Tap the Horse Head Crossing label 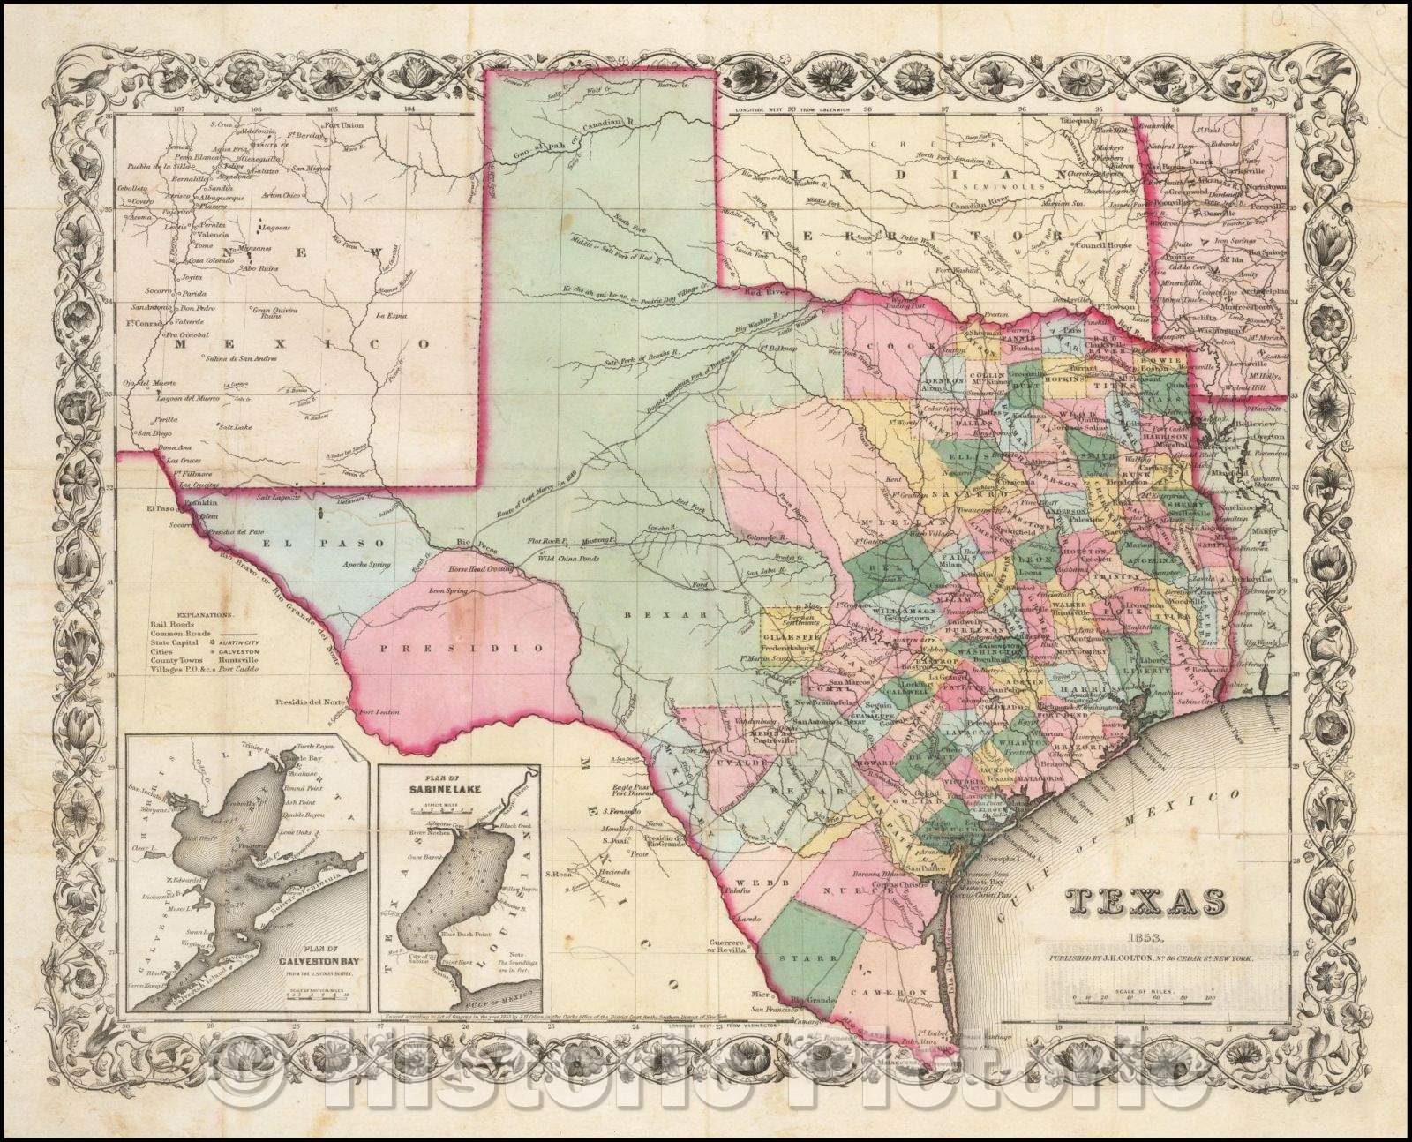pos(474,571)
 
